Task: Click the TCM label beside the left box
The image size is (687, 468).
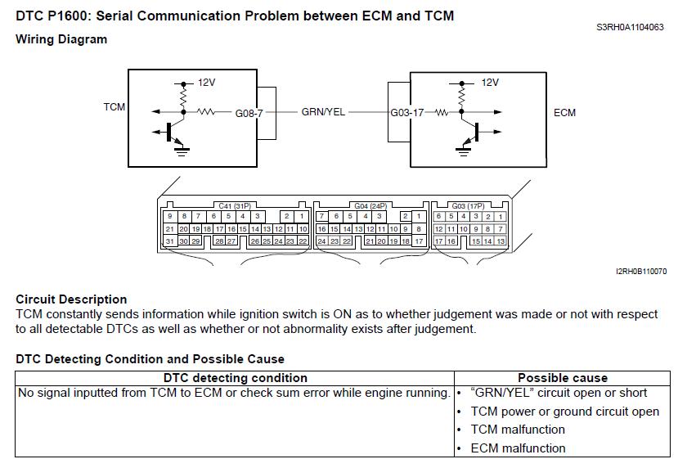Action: [x=114, y=107]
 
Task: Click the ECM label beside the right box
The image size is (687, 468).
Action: [x=564, y=112]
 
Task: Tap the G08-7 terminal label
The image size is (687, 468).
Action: [x=249, y=112]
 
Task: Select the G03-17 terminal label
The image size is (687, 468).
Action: [x=406, y=112]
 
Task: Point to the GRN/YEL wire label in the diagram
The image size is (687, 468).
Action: [x=323, y=112]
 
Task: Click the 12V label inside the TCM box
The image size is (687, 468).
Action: [x=206, y=83]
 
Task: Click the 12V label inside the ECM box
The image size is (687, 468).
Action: [x=490, y=83]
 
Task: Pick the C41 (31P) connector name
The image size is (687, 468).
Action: [x=236, y=206]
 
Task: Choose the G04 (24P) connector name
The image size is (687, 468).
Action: [x=371, y=206]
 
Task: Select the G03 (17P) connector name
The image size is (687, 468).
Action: [x=469, y=206]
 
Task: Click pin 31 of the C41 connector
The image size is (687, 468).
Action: [x=169, y=241]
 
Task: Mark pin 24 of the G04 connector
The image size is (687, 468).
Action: [x=322, y=241]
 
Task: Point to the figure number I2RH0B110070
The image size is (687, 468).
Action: [x=642, y=271]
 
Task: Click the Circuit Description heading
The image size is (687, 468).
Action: [x=71, y=299]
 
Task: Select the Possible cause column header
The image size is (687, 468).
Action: [x=563, y=378]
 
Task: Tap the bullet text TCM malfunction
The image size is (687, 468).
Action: [x=518, y=430]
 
